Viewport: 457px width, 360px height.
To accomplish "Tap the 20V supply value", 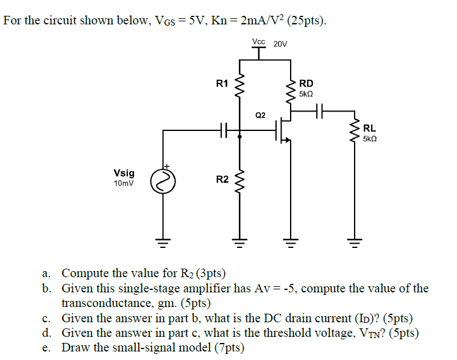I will [280, 44].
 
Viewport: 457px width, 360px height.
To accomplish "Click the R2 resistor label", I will [222, 179].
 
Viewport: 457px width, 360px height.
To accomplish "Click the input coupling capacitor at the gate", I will [224, 129].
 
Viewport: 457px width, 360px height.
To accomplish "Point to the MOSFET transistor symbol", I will [283, 129].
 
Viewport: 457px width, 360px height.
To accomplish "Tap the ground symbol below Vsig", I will [163, 245].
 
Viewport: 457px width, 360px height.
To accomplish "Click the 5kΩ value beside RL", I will [370, 139].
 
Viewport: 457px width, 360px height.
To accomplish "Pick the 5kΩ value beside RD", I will [306, 94].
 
